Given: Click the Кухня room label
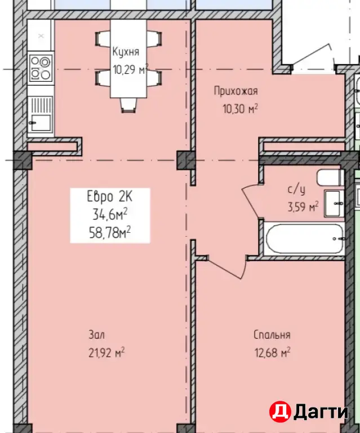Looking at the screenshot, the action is [126, 52].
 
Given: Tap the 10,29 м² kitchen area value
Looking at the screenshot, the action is [131, 69].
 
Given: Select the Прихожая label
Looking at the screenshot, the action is [236, 91].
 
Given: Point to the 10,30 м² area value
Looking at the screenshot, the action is [240, 109].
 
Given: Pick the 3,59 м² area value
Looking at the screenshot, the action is [303, 206].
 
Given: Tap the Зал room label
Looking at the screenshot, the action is [96, 335].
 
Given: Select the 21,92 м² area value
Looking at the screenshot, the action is [106, 352].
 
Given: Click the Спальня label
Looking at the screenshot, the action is [272, 335].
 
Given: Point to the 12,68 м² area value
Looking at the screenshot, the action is [272, 352].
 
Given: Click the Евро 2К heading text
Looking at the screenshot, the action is [109, 197].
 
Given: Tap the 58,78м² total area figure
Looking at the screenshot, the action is [110, 233].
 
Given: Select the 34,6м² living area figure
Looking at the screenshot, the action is [110, 215].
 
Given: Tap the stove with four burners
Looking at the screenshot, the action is [41, 68].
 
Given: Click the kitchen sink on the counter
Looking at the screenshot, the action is [41, 113].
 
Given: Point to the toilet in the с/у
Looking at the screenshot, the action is [331, 177].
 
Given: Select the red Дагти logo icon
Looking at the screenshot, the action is [280, 412].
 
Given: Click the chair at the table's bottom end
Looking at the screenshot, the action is [128, 105].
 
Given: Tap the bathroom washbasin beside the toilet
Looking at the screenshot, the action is [334, 203].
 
